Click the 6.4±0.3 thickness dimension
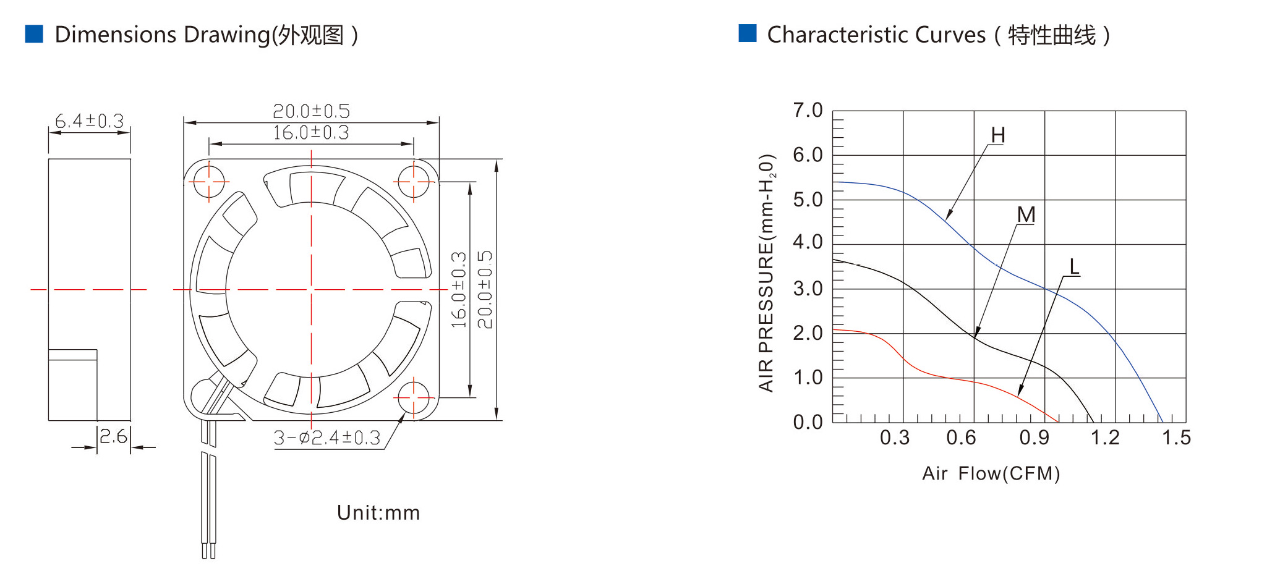(90, 121)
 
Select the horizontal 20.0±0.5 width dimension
(311, 111)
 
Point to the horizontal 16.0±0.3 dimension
(311, 133)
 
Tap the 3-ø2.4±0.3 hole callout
(327, 438)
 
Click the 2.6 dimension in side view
(113, 437)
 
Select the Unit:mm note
(378, 513)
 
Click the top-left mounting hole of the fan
(210, 182)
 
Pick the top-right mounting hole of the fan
(414, 182)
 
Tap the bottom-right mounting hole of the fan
(414, 398)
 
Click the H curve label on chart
(998, 135)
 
